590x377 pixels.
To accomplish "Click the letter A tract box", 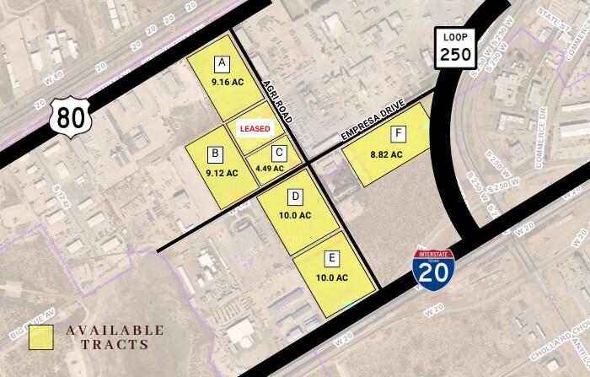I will (x=222, y=63).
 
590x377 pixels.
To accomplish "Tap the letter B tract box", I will (x=217, y=153).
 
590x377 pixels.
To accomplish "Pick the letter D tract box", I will (x=296, y=197).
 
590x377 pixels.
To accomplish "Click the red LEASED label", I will (x=255, y=129).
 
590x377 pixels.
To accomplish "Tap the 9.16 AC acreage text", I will (x=222, y=82).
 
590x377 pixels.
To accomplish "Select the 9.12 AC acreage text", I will (x=222, y=173).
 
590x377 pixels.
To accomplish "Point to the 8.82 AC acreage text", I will (x=386, y=154).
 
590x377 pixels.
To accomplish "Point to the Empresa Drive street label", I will (x=373, y=122).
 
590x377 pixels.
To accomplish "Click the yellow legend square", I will (x=40, y=337).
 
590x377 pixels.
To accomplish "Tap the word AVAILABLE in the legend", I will (x=115, y=329).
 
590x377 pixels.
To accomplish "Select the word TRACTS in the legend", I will (x=115, y=344).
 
